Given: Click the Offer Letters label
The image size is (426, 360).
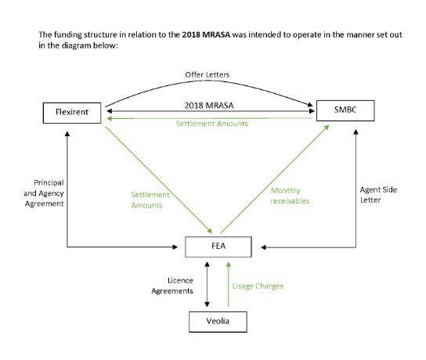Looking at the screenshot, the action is click(x=208, y=74).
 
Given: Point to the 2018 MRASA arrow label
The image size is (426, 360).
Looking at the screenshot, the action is click(x=209, y=106).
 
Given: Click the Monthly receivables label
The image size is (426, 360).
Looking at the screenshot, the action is click(x=290, y=196).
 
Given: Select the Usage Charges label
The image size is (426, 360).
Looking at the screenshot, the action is click(x=258, y=286).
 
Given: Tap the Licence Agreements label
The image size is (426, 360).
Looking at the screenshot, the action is click(x=172, y=286).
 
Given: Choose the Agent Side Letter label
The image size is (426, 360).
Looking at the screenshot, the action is click(x=378, y=195).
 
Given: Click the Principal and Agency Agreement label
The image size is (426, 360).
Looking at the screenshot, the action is click(x=44, y=193).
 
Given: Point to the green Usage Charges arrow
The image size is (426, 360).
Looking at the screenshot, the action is click(x=229, y=285).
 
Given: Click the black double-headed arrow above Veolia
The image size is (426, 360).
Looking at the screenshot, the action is click(x=207, y=285).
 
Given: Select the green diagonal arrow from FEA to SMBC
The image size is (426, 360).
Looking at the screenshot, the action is click(x=275, y=179).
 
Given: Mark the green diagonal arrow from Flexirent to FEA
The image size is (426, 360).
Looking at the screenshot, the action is click(x=159, y=180).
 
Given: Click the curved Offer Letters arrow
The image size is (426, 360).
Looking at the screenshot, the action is click(x=208, y=81).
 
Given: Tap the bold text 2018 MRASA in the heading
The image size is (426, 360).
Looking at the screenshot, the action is click(x=206, y=34).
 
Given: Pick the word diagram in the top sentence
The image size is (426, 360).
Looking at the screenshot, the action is click(x=77, y=45).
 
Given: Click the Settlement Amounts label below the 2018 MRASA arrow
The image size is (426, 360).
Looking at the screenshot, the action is click(x=212, y=124).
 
